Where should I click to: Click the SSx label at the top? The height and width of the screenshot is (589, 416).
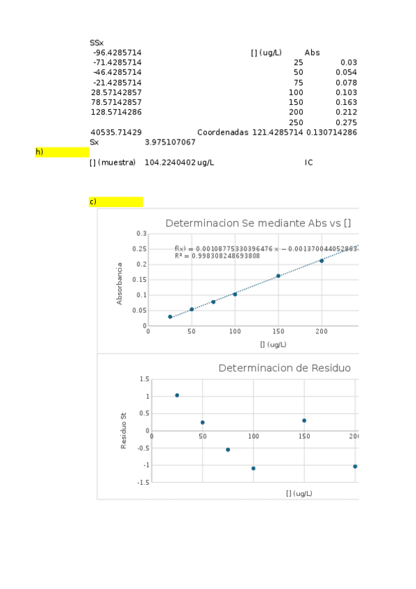point(97,43)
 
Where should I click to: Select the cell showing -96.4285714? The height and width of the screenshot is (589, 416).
point(117,53)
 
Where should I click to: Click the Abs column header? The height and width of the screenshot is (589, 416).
point(312,53)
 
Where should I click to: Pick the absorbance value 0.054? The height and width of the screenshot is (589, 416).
point(346,72)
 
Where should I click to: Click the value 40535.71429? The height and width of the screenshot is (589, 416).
point(117,132)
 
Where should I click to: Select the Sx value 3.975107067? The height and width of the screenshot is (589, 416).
point(170,142)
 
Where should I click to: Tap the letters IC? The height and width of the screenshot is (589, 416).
point(308,162)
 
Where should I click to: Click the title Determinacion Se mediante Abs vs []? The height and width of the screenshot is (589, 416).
point(258,223)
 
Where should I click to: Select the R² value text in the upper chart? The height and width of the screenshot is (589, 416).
point(217,256)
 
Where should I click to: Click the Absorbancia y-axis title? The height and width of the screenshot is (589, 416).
point(120,283)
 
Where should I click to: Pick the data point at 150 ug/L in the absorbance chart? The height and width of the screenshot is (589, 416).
point(278,276)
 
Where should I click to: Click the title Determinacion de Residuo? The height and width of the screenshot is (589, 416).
point(284,367)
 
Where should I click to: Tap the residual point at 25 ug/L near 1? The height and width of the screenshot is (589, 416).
point(177,395)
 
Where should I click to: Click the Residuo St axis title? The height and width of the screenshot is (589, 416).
point(124,431)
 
